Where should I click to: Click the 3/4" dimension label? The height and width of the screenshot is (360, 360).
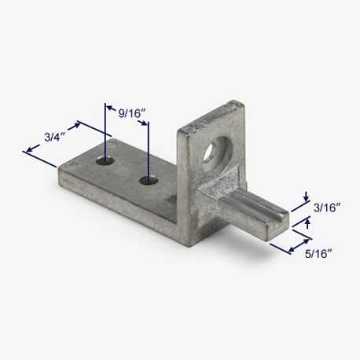[x=54, y=137]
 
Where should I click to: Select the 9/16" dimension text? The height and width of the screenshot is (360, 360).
[x=132, y=113]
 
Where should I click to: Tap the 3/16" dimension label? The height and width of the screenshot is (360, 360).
[x=327, y=208]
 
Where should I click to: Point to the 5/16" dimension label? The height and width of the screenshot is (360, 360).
[x=318, y=254]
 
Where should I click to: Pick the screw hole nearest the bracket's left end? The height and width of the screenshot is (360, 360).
[x=105, y=160]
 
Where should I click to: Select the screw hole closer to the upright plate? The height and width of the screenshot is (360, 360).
[x=149, y=180]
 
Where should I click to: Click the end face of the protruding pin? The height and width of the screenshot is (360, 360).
[x=279, y=226]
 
